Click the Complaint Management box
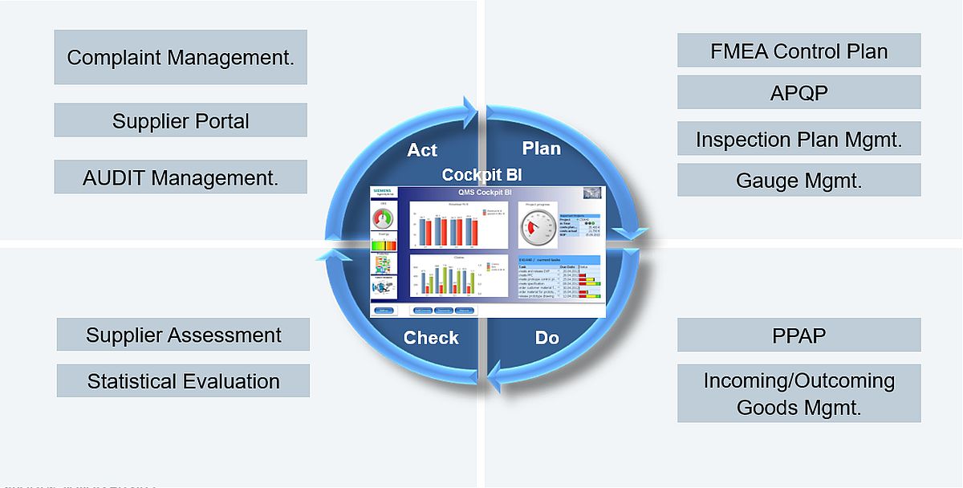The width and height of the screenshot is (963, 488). point(181,57)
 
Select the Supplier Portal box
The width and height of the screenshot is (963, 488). point(181,120)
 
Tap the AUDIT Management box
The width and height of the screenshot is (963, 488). point(181,177)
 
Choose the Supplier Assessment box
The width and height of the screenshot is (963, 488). point(183,334)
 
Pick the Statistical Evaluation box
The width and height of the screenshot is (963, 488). point(183,380)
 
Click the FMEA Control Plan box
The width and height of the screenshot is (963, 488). point(798,51)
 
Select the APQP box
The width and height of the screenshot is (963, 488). point(798,92)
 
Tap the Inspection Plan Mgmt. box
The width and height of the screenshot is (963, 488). point(798,139)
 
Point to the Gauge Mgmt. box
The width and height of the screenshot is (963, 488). point(798,180)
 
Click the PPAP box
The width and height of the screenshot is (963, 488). point(798,335)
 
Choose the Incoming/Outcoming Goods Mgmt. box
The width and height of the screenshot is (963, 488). point(798,393)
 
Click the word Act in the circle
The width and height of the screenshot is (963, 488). point(422,150)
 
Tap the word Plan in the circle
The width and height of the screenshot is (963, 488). point(542,148)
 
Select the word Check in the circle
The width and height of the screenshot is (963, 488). point(431,338)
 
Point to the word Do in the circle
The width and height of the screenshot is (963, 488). point(547,338)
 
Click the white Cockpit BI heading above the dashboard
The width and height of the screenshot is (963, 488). point(482,175)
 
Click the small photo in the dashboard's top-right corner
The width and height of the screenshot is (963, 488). point(591,193)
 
